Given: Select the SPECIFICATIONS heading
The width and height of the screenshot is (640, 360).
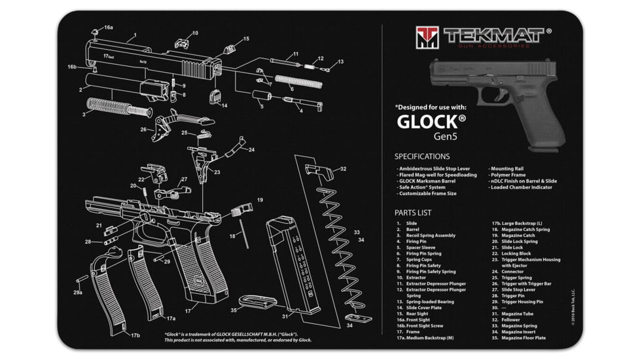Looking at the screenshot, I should [x=421, y=156].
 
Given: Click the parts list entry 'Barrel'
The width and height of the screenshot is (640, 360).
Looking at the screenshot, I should [x=412, y=230].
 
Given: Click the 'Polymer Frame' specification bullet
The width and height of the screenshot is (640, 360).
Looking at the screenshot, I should [x=510, y=175].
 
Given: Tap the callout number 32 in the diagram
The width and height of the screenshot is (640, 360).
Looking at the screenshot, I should [x=343, y=169].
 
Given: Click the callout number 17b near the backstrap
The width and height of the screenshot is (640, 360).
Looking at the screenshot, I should [x=135, y=336].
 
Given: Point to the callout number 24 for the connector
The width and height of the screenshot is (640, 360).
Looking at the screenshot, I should [x=251, y=149].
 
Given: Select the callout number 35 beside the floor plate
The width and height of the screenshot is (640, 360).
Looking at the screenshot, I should [x=234, y=310].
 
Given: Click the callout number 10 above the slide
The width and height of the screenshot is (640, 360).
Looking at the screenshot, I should [x=194, y=33].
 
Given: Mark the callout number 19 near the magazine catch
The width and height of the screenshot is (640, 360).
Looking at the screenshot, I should [x=260, y=200].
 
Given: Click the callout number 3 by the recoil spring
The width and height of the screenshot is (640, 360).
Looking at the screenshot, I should [x=84, y=115].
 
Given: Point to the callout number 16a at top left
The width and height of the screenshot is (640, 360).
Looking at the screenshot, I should [x=108, y=27].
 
